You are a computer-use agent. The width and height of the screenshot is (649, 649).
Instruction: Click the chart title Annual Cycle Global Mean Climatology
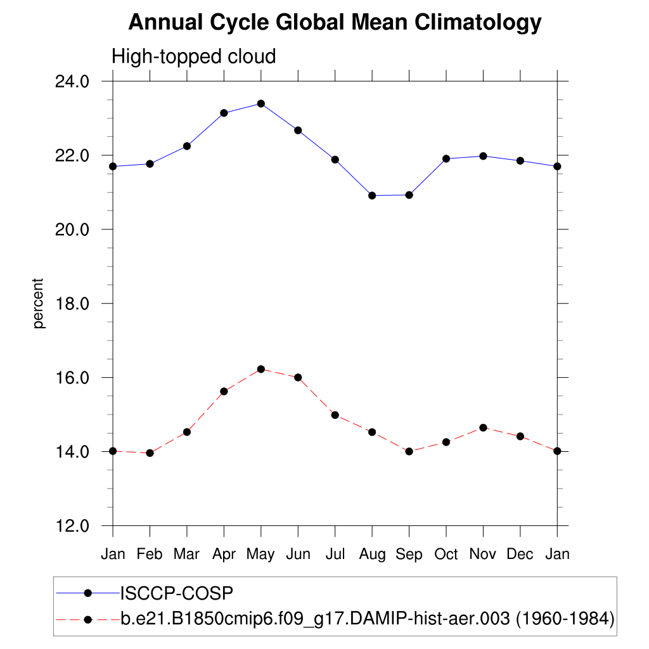[335, 23]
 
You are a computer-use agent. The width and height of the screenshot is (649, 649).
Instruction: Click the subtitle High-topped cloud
[194, 56]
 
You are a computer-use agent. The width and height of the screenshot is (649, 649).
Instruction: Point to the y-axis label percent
[39, 303]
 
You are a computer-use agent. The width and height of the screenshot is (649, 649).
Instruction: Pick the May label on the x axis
[260, 555]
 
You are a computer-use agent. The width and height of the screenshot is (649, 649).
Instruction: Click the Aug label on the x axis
[372, 555]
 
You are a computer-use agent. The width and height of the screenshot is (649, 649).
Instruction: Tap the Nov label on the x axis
[483, 555]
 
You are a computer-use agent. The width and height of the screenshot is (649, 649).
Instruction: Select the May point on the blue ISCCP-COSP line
[260, 103]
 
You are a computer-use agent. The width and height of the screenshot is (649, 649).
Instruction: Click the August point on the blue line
[372, 195]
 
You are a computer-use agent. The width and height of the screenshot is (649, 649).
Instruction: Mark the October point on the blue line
[446, 158]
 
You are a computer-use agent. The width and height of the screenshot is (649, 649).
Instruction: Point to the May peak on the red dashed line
[260, 369]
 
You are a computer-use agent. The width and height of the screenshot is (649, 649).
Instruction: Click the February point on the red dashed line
[150, 453]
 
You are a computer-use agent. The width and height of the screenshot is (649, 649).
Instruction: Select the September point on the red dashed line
[409, 451]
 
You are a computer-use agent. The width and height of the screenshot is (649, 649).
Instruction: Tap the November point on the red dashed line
[483, 428]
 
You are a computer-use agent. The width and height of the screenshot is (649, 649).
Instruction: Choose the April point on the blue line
[224, 113]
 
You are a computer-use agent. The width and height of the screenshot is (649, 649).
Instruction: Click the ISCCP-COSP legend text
[177, 593]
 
